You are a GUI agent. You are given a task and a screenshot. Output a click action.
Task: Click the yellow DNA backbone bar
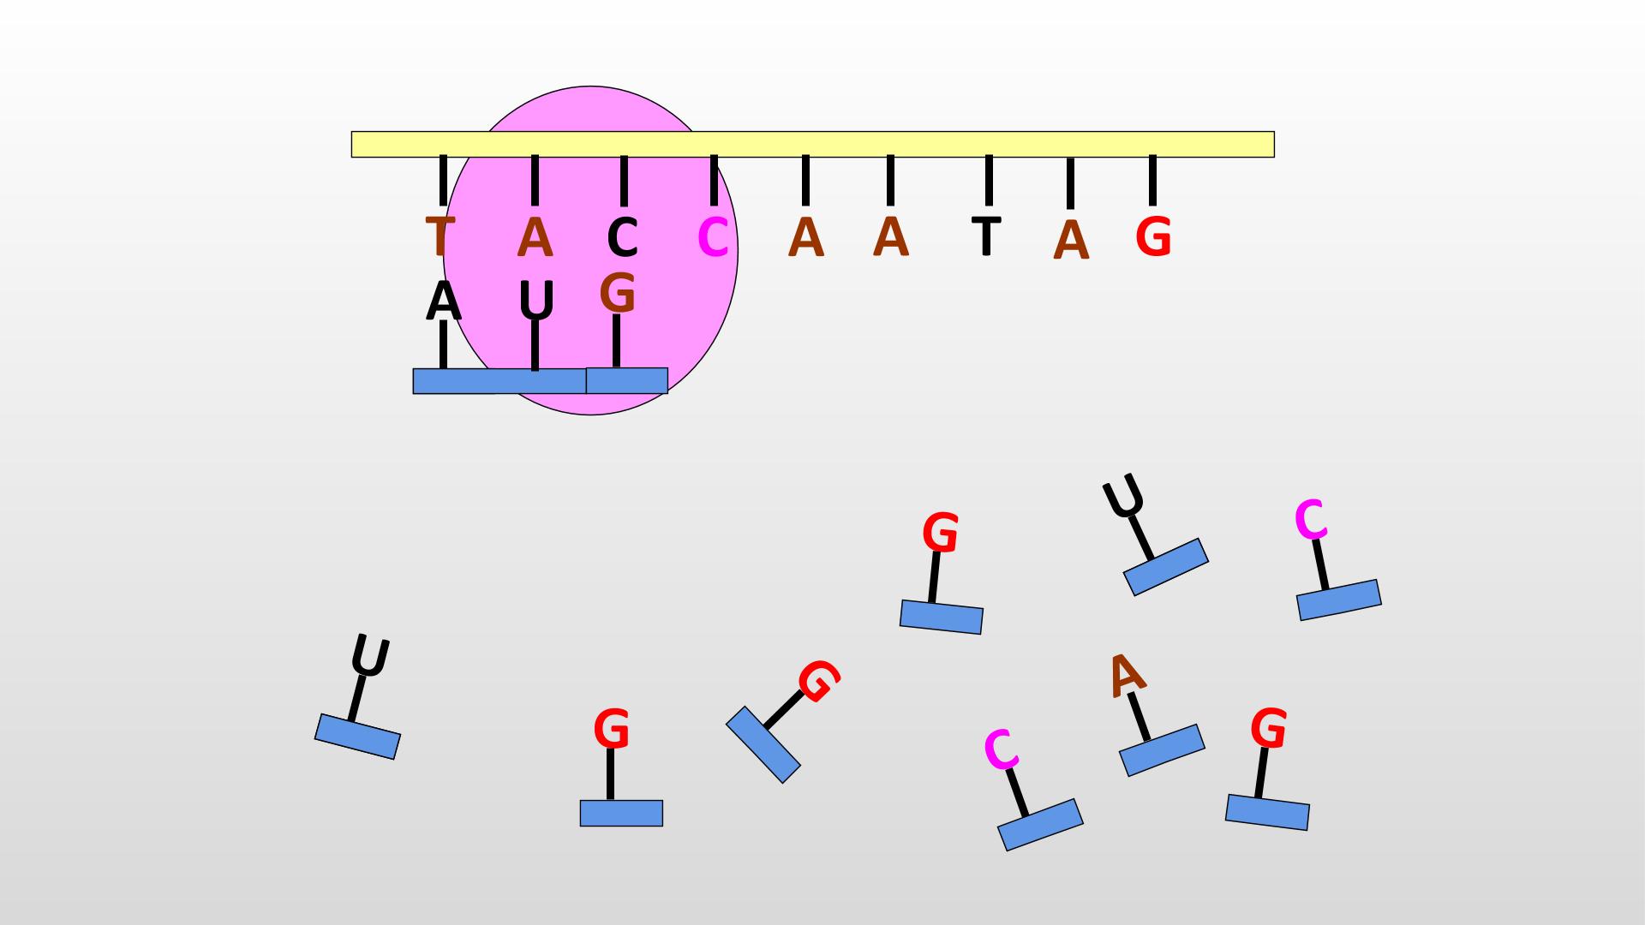(812, 144)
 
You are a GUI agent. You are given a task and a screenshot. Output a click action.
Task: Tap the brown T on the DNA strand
(439, 237)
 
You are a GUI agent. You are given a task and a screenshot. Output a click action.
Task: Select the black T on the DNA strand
(987, 236)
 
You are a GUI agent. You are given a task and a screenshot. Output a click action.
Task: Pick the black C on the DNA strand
(623, 238)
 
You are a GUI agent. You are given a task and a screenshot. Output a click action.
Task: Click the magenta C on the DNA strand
(713, 238)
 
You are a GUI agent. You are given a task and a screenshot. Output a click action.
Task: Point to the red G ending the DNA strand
(1153, 237)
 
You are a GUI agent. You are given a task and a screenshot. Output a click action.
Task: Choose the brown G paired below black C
(617, 293)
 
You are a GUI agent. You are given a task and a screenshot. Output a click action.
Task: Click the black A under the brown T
(443, 301)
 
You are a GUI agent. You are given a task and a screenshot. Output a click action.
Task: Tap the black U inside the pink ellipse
(537, 301)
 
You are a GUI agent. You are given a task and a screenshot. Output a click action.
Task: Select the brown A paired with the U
(535, 237)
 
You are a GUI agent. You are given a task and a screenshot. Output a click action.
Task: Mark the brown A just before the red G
(1071, 241)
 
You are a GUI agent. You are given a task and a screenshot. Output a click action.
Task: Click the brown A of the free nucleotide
(1127, 676)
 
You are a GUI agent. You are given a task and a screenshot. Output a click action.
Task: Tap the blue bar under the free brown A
(1162, 750)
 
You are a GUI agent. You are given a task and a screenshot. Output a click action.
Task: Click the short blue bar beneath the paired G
(626, 381)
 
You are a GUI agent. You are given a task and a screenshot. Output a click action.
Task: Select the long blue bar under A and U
(499, 381)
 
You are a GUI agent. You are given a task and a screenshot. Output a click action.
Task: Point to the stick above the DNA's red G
(1152, 181)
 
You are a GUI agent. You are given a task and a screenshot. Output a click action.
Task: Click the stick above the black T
(989, 181)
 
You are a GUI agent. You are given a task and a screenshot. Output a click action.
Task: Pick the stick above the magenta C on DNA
(714, 181)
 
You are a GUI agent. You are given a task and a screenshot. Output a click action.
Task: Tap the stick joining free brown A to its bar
(1139, 717)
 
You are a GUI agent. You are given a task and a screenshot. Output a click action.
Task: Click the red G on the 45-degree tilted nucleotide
(818, 682)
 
